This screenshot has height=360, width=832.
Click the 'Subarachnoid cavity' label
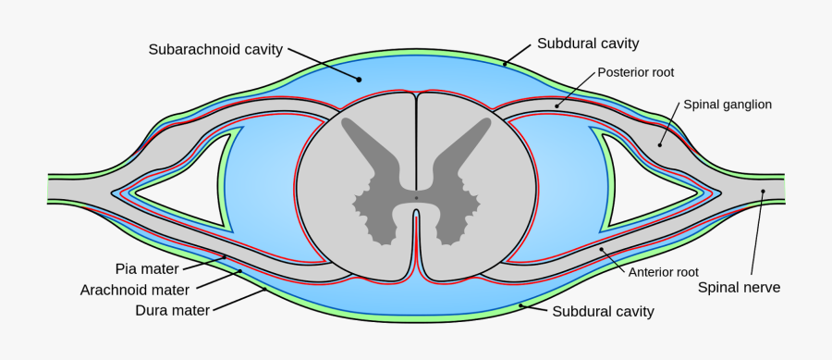(x=215, y=49)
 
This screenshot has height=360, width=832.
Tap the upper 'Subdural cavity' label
(x=588, y=43)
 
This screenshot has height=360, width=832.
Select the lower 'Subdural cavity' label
(x=603, y=312)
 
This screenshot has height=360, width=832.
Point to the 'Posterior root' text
(x=635, y=71)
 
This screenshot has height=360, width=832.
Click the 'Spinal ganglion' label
(x=727, y=105)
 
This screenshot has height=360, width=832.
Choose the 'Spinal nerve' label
(x=740, y=288)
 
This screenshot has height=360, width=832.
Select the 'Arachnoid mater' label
(x=141, y=290)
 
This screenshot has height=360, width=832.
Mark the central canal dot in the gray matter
(x=416, y=197)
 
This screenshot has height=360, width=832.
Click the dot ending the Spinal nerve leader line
(x=764, y=192)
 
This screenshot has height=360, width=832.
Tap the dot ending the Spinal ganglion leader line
(x=660, y=144)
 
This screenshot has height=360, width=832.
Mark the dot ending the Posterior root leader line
(x=557, y=106)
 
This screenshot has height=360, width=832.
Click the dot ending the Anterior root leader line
(x=602, y=249)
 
